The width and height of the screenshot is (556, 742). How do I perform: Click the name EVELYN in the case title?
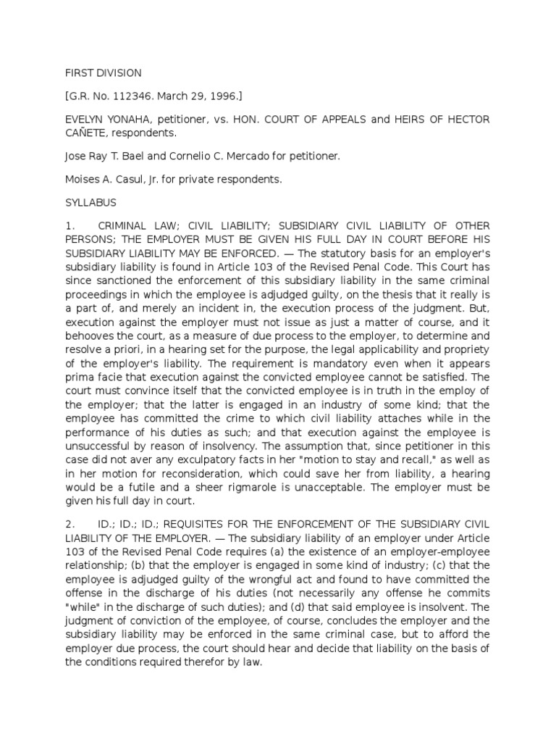[x=84, y=119]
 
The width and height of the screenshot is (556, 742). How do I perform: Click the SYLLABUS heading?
[x=90, y=203]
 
